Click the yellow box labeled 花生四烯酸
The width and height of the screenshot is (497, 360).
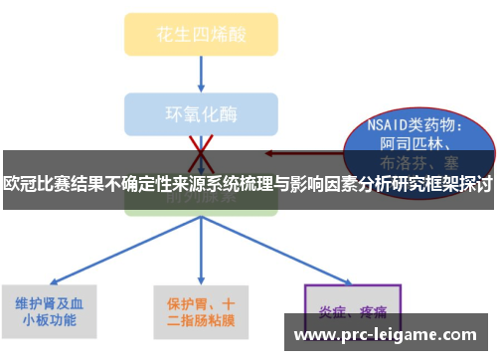click(x=201, y=34)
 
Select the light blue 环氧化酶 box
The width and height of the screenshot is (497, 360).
click(x=201, y=112)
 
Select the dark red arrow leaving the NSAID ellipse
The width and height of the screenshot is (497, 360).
click(x=298, y=153)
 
